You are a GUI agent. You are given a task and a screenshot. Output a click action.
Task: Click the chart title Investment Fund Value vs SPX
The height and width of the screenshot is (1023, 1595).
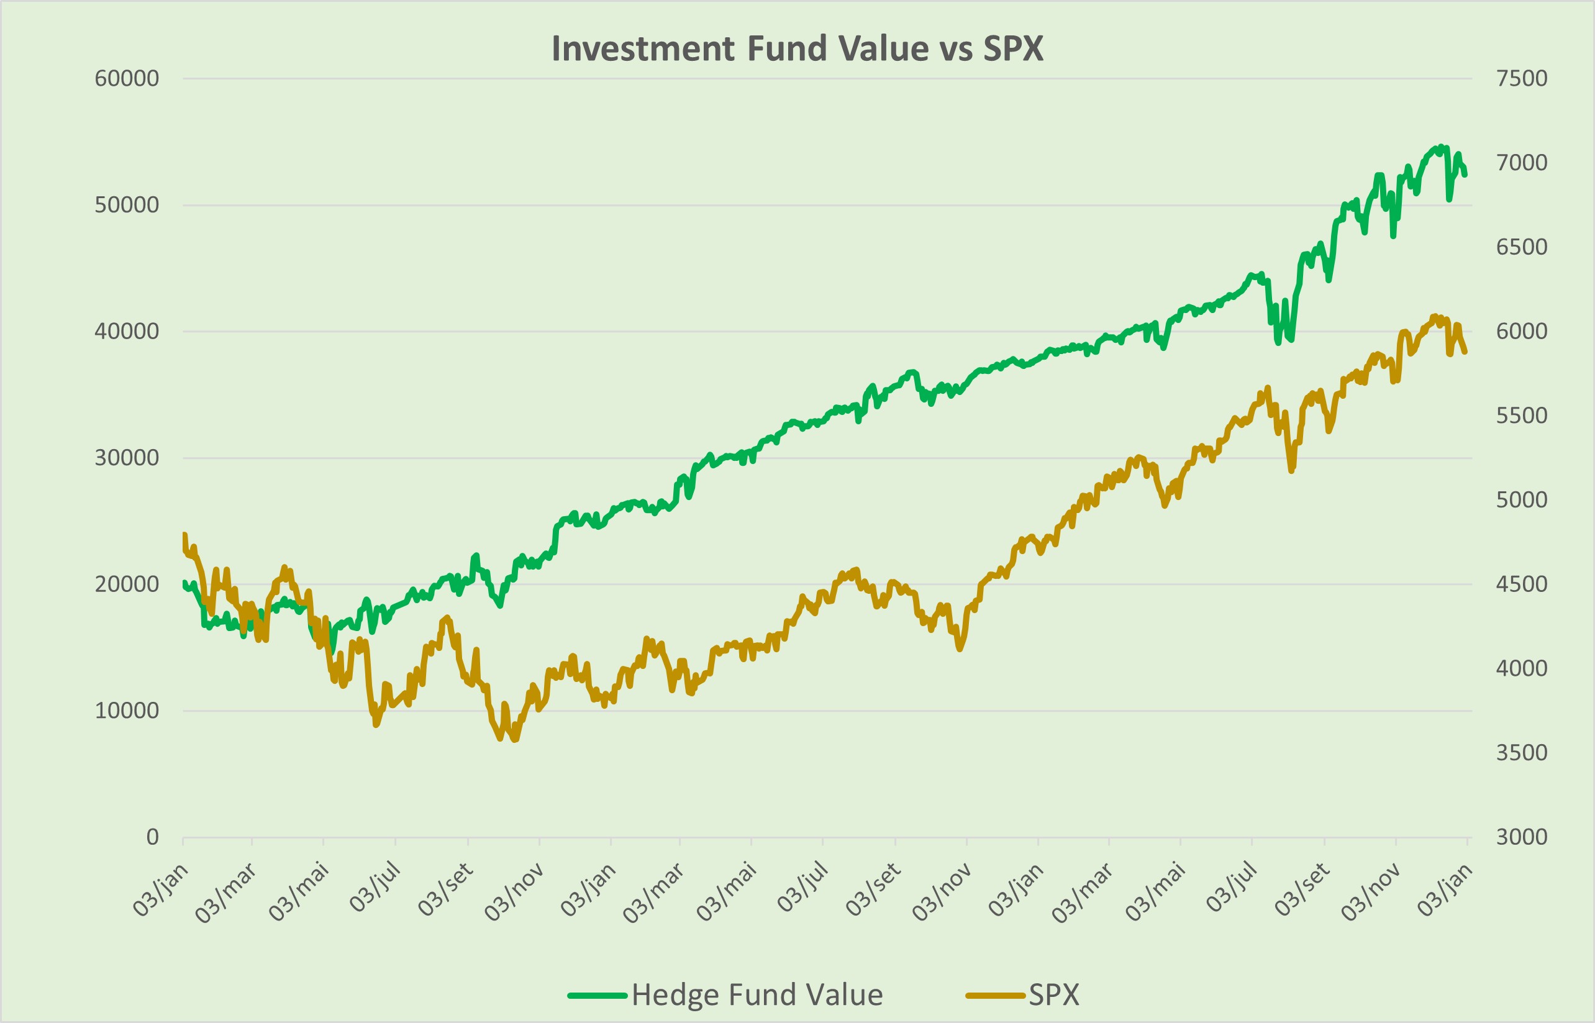(x=797, y=48)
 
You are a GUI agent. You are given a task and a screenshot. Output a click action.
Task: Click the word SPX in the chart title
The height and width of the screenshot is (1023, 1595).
(x=1013, y=48)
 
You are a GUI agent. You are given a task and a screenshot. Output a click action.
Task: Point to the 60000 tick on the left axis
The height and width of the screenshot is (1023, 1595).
(x=126, y=78)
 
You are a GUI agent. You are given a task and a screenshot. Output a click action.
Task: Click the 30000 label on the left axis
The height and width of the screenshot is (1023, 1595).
(x=126, y=458)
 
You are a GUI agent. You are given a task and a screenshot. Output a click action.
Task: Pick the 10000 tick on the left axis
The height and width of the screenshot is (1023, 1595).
(x=126, y=711)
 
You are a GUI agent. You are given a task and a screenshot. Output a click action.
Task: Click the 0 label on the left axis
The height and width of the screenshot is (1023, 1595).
(x=152, y=837)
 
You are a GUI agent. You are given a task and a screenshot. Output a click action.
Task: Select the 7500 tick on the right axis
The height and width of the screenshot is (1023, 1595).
(x=1521, y=78)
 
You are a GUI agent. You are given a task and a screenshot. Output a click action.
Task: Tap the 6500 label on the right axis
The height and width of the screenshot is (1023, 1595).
(x=1521, y=247)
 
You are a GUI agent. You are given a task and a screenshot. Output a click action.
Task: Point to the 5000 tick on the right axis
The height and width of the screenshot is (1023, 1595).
(x=1521, y=499)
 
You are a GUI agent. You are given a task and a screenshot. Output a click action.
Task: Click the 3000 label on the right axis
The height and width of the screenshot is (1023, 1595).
(x=1521, y=837)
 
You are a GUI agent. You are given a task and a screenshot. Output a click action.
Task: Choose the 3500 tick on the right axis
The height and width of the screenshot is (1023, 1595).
(x=1521, y=753)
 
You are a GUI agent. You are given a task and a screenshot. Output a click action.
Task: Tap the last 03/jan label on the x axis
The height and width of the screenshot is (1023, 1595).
(x=1445, y=890)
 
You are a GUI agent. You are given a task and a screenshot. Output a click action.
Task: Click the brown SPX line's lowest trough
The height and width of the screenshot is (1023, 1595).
(x=515, y=739)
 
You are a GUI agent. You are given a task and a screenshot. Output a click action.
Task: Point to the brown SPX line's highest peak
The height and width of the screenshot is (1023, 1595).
(x=1434, y=316)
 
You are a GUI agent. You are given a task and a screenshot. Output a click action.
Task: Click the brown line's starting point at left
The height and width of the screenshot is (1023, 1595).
(x=184, y=534)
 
